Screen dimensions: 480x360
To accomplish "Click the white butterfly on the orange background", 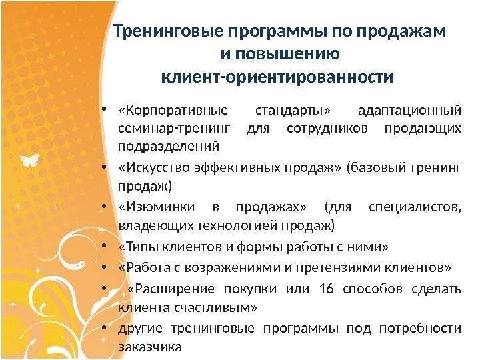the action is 30,160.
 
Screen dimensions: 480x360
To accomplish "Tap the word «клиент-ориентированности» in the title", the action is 277,77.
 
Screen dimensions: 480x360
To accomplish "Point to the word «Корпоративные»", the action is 173,110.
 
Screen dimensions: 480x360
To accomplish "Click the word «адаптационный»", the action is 409,110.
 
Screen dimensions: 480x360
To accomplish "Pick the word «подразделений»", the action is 169,146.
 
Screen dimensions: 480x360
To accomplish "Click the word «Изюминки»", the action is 157,207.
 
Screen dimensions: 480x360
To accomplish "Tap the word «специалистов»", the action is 415,207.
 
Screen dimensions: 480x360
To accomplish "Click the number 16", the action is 326,289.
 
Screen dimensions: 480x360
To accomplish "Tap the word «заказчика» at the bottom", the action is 150,347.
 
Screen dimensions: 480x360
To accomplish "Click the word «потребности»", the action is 420,329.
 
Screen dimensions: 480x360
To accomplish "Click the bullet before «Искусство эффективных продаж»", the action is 104,167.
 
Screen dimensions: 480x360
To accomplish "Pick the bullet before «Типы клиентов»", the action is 104,246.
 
